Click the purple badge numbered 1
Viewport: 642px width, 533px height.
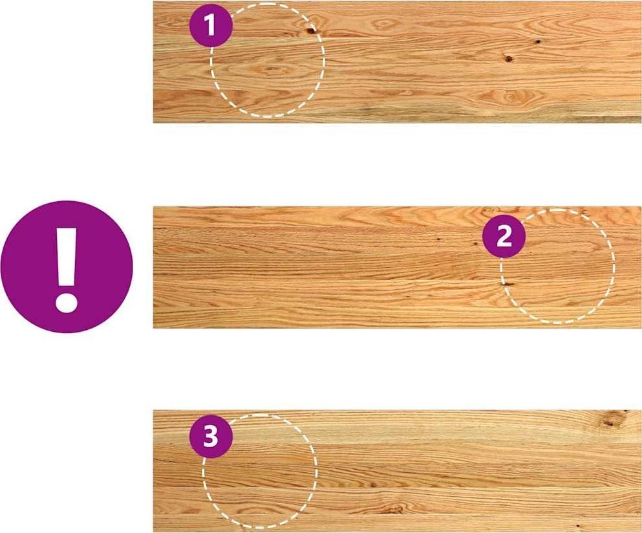pyautogui.click(x=211, y=26)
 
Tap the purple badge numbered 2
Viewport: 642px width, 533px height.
pyautogui.click(x=504, y=236)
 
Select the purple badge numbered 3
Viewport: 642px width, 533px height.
pyautogui.click(x=211, y=437)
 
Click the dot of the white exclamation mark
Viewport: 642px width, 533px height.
pyautogui.click(x=67, y=302)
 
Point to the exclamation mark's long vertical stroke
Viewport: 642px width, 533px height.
pyautogui.click(x=67, y=257)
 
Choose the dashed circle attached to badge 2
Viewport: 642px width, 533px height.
pyautogui.click(x=614, y=266)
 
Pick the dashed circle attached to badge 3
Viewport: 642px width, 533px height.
pyautogui.click(x=317, y=471)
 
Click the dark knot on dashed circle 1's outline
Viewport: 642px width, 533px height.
pyautogui.click(x=312, y=30)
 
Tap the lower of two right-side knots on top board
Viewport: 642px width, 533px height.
pyautogui.click(x=509, y=59)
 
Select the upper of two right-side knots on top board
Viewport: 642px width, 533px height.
pyautogui.click(x=537, y=41)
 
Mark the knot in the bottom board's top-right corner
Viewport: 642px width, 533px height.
pyautogui.click(x=611, y=420)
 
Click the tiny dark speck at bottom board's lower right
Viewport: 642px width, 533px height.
pyautogui.click(x=578, y=526)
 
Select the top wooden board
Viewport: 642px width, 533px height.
pyautogui.click(x=397, y=62)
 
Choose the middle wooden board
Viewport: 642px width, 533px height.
pyautogui.click(x=397, y=267)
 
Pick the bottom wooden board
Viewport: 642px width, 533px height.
pyautogui.click(x=397, y=471)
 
